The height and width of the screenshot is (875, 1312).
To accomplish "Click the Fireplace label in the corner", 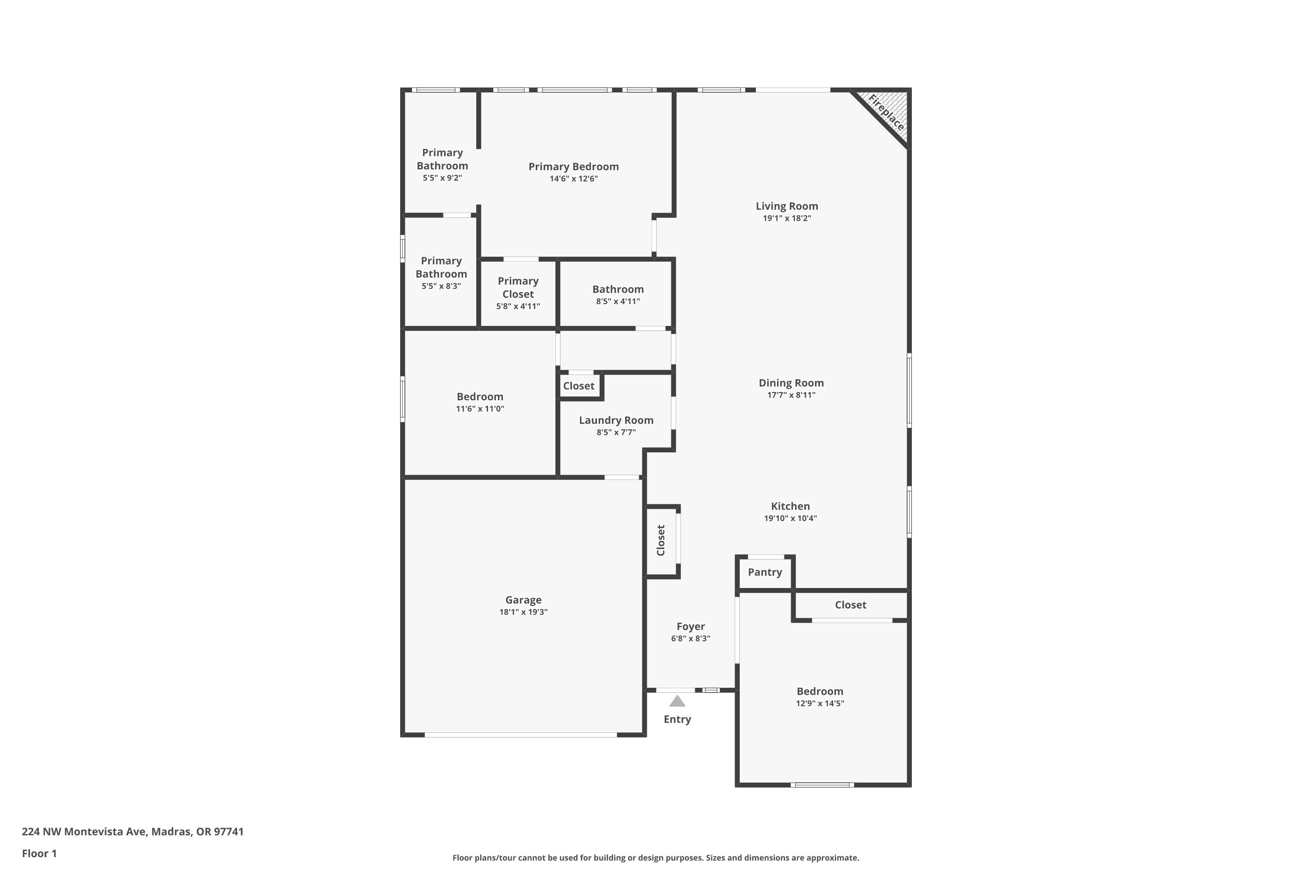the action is (886, 113).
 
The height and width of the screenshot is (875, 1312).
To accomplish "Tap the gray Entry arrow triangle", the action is (677, 701).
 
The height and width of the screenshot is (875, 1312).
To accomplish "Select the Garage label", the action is (523, 600).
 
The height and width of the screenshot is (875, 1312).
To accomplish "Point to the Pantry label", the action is (765, 572).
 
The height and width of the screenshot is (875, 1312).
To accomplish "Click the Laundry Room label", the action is (616, 420).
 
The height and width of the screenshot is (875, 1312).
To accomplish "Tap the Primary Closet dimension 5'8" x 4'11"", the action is (518, 306).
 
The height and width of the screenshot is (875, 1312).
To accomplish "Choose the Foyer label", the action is (691, 626).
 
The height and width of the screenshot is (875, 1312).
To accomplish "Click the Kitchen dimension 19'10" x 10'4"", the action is (790, 518).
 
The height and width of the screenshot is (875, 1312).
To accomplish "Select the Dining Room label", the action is (791, 383).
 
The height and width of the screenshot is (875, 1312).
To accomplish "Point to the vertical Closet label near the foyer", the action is (661, 540).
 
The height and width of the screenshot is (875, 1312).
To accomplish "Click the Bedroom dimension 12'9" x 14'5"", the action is (820, 703).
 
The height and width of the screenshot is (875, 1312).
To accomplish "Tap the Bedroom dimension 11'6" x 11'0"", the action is (480, 409).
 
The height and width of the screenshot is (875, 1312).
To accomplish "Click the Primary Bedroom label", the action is (573, 166).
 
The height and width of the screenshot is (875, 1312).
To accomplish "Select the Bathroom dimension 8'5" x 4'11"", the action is (618, 301).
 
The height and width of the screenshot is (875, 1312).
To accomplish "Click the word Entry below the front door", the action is (677, 719).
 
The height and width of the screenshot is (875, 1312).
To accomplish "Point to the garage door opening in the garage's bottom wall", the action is (521, 735).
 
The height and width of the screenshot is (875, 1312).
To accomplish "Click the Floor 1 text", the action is (39, 853).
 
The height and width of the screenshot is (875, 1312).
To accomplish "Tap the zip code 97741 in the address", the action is (229, 832).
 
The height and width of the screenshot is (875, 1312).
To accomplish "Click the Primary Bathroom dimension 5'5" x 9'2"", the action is (442, 178).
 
